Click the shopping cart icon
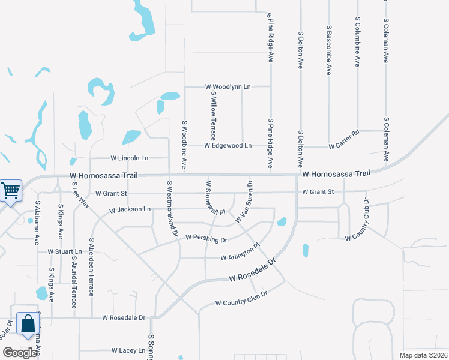(x=10, y=191)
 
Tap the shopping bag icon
(x=28, y=324)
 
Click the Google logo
(x=20, y=353)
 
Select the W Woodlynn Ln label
(x=228, y=87)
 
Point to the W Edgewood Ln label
(x=228, y=146)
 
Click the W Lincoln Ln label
(x=129, y=158)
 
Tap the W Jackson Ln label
(x=130, y=210)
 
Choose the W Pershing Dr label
(x=206, y=239)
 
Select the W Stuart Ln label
(x=64, y=251)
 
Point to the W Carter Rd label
(x=343, y=146)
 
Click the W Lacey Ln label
(x=128, y=350)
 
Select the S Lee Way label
(x=80, y=197)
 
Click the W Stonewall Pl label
(x=215, y=198)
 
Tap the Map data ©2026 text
(x=424, y=355)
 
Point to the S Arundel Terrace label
(x=74, y=282)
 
